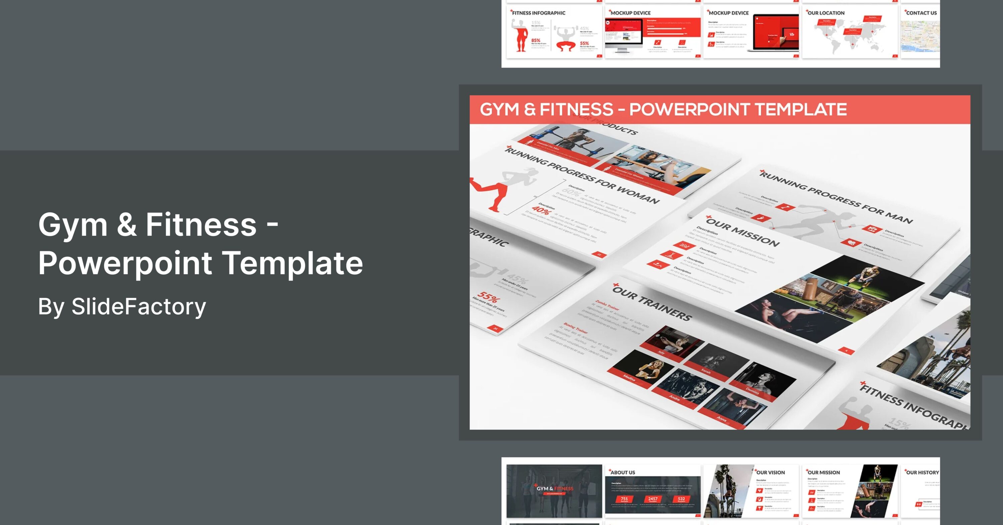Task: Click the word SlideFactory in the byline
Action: click(x=139, y=307)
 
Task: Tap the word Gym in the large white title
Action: click(x=73, y=225)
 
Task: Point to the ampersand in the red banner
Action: click(x=530, y=109)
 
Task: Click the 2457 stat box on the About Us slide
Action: click(x=653, y=499)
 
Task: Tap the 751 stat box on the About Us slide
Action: click(x=624, y=499)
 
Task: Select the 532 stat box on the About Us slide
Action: click(x=681, y=499)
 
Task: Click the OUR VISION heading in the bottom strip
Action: click(x=770, y=472)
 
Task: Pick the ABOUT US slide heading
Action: click(x=623, y=472)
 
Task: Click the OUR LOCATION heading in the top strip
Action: click(x=826, y=13)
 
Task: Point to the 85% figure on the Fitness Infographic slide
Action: click(x=536, y=40)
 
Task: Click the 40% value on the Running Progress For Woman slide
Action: click(x=541, y=210)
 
